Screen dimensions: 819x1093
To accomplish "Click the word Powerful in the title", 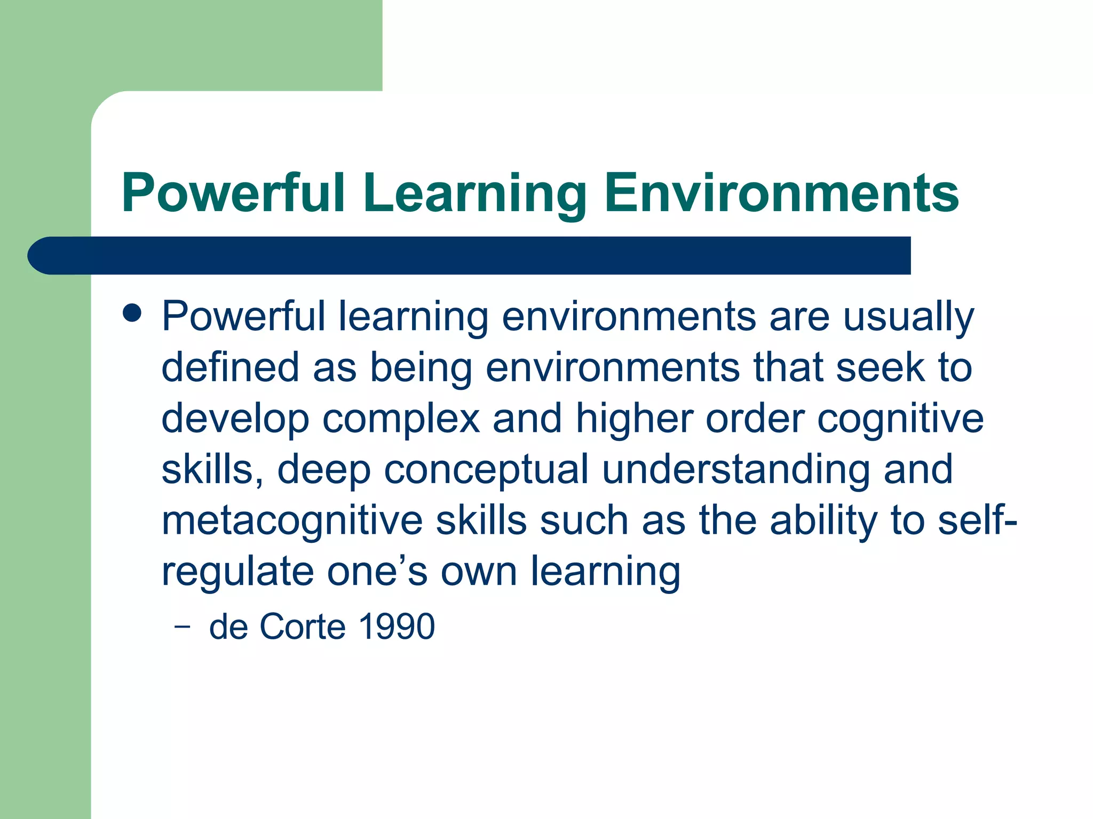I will pos(233,193).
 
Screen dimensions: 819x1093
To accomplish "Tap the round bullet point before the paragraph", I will pos(132,314).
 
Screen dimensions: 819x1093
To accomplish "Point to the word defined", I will pos(230,367).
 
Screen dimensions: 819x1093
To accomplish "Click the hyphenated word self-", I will pos(977,520).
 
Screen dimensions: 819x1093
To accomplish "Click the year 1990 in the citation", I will pos(397,627).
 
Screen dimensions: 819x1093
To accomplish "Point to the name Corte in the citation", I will pos(302,627).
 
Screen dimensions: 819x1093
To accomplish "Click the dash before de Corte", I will pos(182,627).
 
